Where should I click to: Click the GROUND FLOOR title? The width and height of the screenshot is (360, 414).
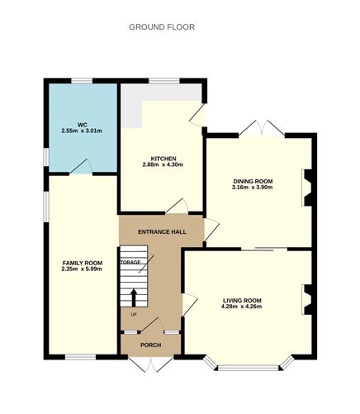tap(162, 27)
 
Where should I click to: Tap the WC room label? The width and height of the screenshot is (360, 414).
tap(83, 125)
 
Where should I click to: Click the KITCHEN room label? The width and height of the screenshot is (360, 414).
tap(162, 159)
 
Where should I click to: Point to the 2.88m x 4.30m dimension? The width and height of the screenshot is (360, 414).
tap(162, 166)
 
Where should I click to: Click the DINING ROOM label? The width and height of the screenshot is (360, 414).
tap(253, 181)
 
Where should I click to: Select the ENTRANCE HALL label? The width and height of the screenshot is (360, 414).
tap(162, 231)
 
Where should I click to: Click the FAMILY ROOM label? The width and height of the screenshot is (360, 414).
tap(83, 263)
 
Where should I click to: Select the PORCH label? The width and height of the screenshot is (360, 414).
tap(150, 345)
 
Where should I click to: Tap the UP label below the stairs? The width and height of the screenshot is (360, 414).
tap(133, 316)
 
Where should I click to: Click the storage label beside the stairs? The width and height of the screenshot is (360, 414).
tap(130, 263)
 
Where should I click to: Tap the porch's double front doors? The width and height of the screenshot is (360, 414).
tap(149, 364)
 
